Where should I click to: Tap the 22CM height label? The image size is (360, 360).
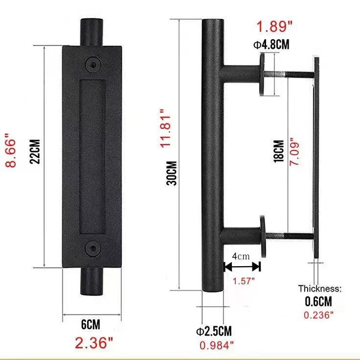point(35,151)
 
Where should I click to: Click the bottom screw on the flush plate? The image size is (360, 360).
point(91,249)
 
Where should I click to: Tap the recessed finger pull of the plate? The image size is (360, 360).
point(91,156)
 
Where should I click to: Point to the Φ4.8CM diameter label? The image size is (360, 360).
point(271,45)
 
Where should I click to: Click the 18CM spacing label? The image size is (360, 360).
point(278,152)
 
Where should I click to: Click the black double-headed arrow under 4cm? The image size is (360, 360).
point(242,266)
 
